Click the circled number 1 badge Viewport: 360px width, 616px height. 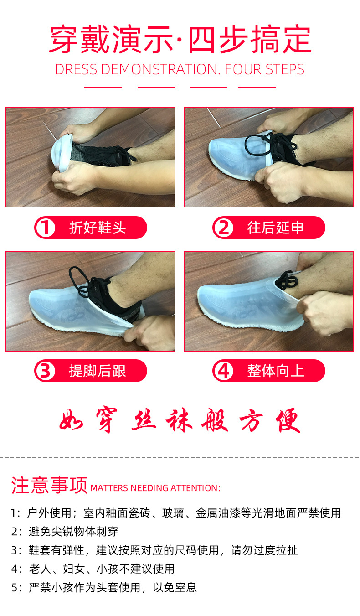[x=45, y=228]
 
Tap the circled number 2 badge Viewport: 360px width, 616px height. [x=223, y=228]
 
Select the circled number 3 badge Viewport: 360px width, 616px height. [x=45, y=371]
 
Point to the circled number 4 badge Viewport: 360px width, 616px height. [x=223, y=371]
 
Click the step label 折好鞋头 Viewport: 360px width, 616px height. [x=98, y=228]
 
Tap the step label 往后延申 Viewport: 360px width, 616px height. [x=275, y=228]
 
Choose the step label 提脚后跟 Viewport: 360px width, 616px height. [x=98, y=371]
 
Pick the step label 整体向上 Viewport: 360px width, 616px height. [x=275, y=371]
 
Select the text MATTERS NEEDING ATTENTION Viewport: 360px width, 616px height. [x=155, y=488]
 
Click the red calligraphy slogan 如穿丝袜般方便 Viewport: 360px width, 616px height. [x=180, y=420]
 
